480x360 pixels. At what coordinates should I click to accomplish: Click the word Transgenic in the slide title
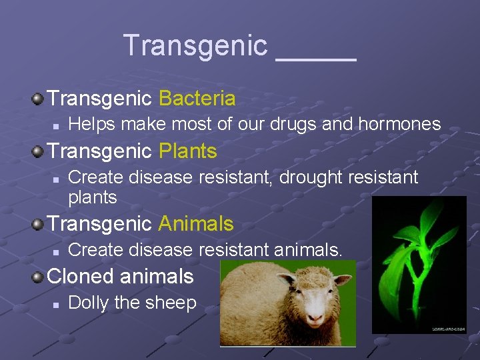pos(195,45)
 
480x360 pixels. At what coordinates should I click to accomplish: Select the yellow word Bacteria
pos(197,99)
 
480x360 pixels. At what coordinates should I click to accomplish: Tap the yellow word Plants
pos(187,151)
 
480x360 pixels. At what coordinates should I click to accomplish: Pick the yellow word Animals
pos(196,223)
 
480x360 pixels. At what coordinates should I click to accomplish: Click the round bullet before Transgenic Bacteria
pos(39,99)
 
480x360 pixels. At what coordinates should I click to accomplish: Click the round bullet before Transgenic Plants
pos(39,152)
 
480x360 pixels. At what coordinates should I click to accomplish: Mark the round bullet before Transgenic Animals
pos(39,224)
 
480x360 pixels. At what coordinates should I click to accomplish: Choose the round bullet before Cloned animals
pos(39,277)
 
